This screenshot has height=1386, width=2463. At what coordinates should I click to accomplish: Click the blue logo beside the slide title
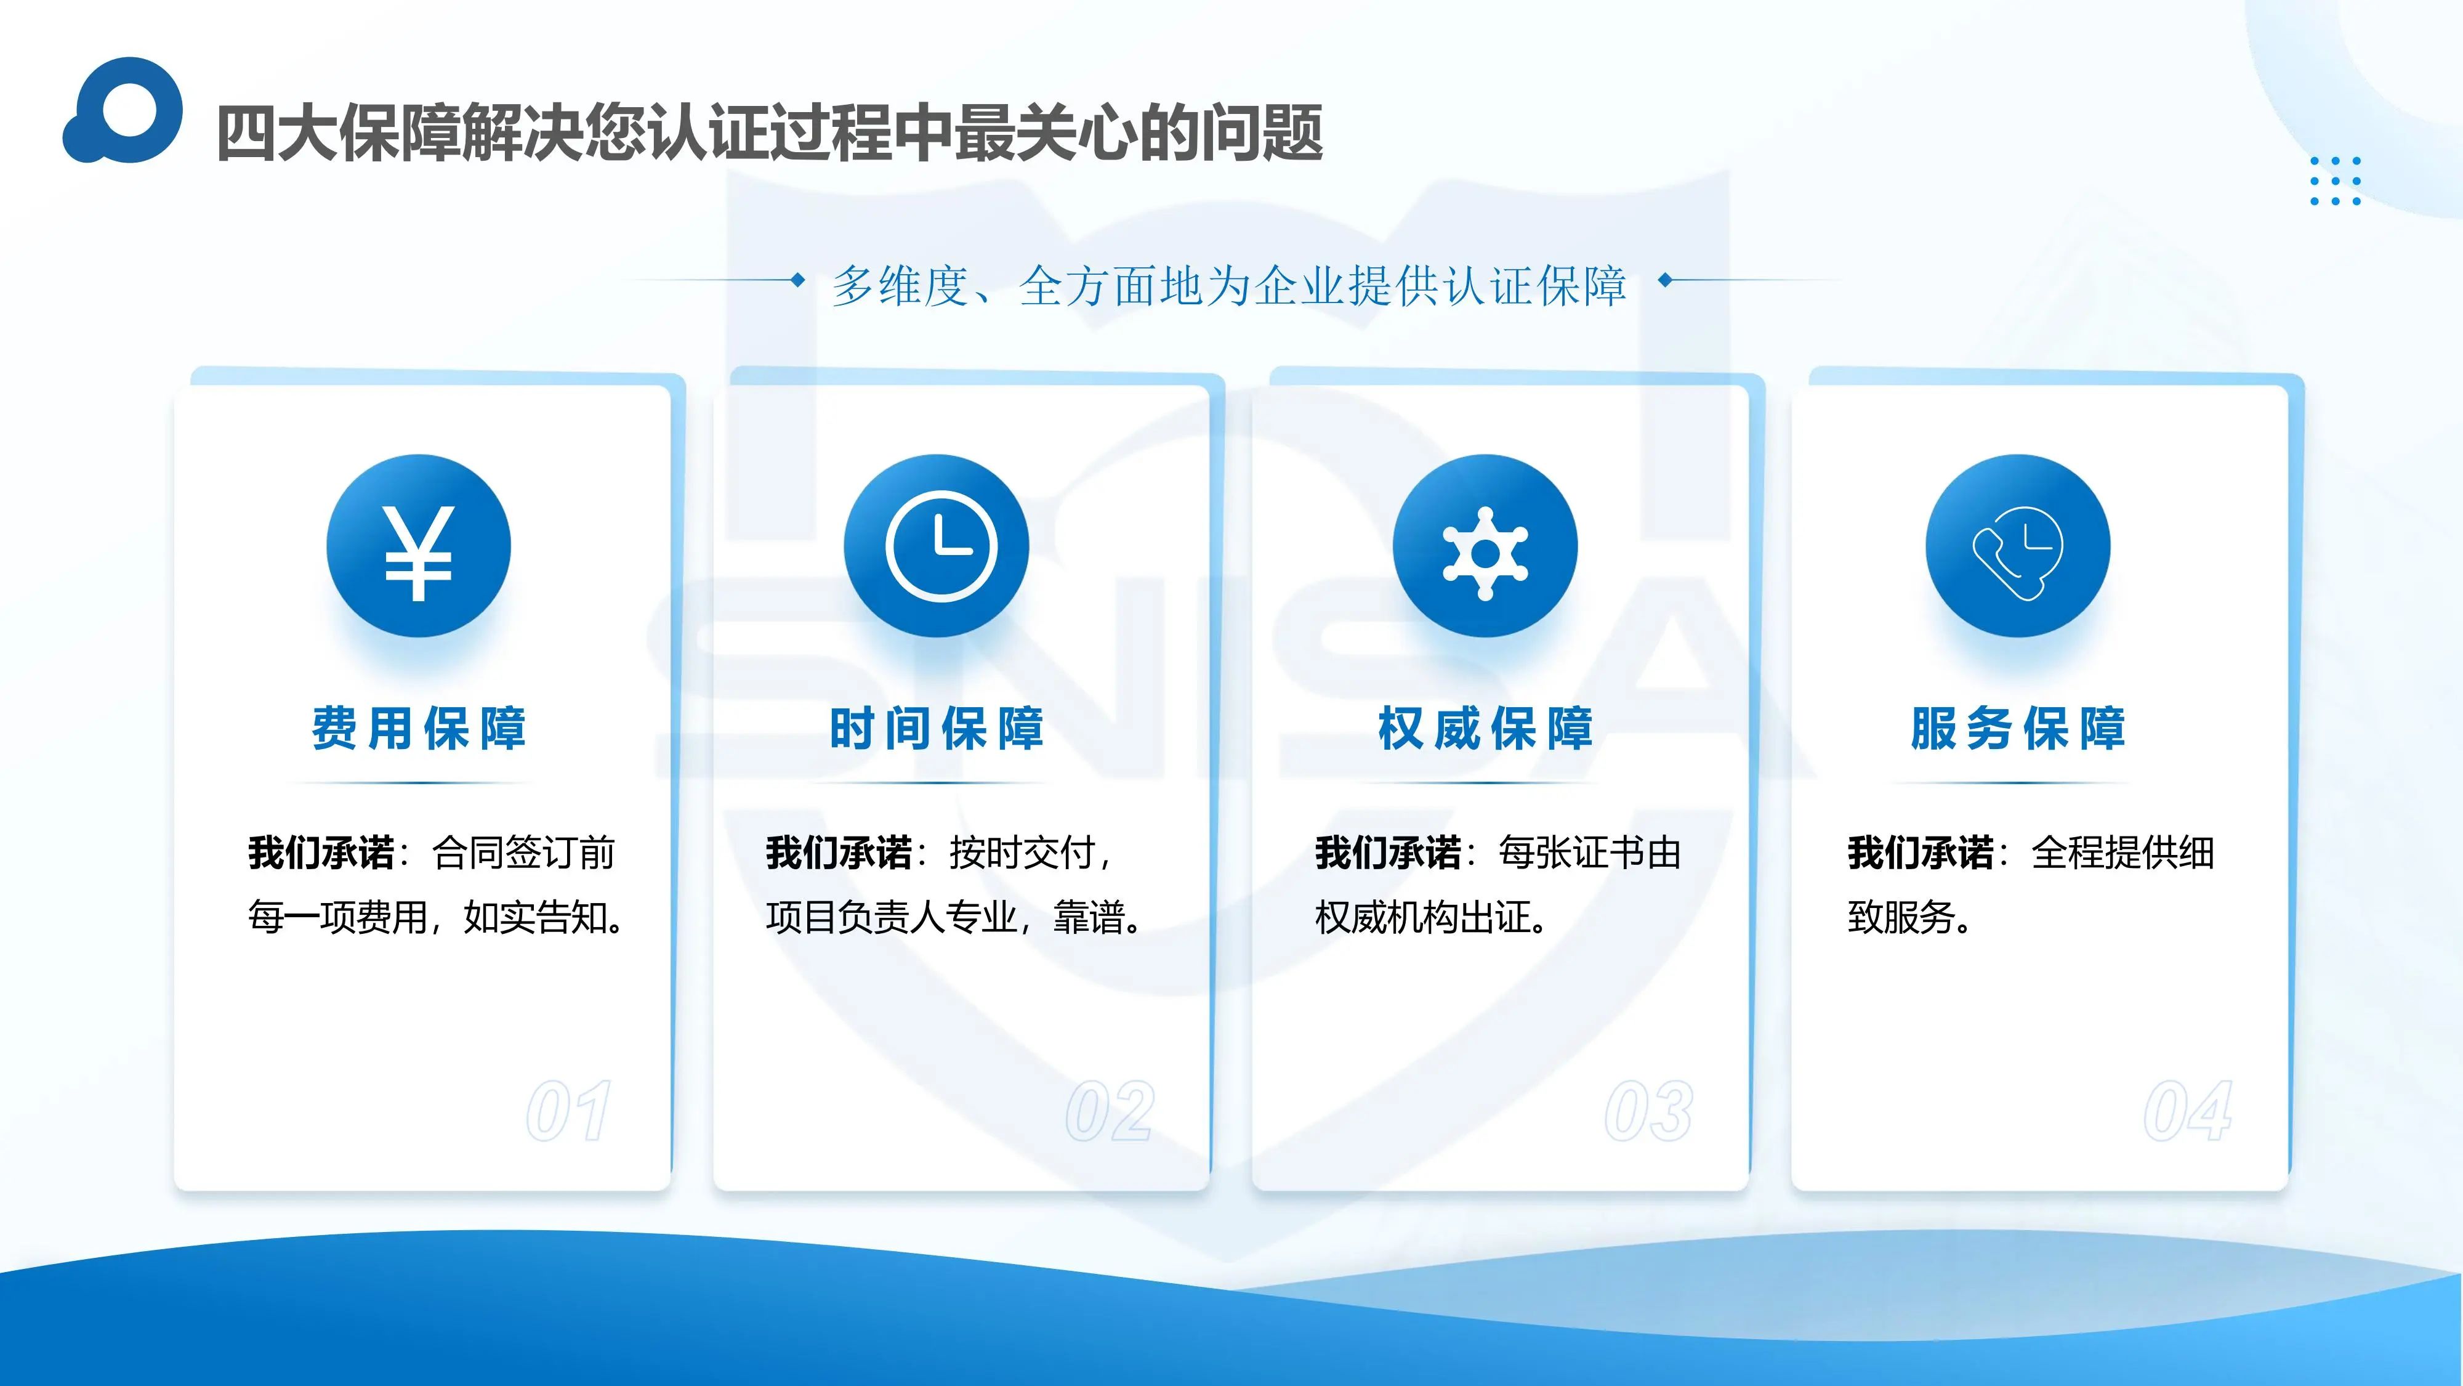[x=123, y=110]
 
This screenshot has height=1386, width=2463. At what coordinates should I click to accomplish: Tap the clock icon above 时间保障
[x=941, y=546]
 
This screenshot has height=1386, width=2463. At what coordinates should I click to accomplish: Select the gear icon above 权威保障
[x=1485, y=554]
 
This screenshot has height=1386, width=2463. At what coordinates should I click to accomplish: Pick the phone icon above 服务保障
[x=2017, y=553]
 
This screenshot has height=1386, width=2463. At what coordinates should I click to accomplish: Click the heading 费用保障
[x=419, y=728]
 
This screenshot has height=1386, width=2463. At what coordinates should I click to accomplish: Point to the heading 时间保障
[x=936, y=728]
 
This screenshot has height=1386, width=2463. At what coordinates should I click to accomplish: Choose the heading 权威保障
[x=1485, y=728]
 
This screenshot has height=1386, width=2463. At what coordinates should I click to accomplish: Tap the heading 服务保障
[x=2017, y=728]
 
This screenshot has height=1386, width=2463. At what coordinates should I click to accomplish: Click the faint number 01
[x=569, y=1111]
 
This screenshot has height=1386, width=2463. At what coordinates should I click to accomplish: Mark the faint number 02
[x=1109, y=1111]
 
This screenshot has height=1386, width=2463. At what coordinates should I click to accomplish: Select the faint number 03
[x=1648, y=1111]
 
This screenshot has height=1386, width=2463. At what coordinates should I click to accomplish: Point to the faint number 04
[x=2188, y=1111]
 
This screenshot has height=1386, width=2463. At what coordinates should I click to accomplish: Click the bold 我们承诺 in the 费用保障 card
[x=321, y=853]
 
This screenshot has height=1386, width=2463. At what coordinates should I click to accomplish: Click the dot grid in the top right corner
[x=2335, y=180]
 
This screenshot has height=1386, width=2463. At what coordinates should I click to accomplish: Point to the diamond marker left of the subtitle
[x=796, y=280]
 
